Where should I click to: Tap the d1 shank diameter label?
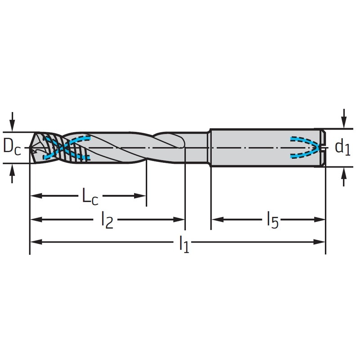(342, 148)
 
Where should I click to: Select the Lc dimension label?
(90, 196)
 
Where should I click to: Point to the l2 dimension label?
(107, 220)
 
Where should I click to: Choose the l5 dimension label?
(273, 220)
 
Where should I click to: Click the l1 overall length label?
(184, 244)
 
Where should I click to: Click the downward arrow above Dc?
(13, 121)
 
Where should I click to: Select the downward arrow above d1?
(344, 118)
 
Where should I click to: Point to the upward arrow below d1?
(344, 176)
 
